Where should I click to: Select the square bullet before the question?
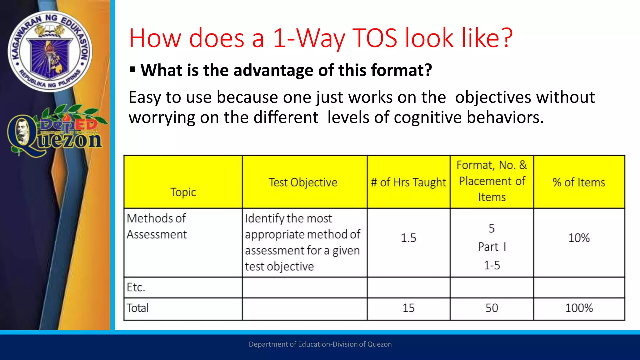click(x=132, y=69)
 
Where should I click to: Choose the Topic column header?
click(x=183, y=192)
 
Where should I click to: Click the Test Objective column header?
click(x=303, y=182)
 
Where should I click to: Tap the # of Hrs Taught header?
click(x=408, y=182)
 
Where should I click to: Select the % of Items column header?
click(x=579, y=182)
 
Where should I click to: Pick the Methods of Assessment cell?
click(x=157, y=226)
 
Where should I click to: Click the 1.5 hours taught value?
click(x=408, y=238)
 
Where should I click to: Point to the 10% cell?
click(x=579, y=238)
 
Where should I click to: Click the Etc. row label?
click(x=136, y=287)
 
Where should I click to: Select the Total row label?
click(x=137, y=308)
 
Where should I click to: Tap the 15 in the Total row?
click(x=408, y=308)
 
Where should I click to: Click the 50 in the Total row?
click(x=492, y=308)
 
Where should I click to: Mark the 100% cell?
click(x=579, y=308)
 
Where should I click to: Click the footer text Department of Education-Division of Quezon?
click(x=320, y=344)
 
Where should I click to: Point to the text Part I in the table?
click(x=492, y=247)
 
